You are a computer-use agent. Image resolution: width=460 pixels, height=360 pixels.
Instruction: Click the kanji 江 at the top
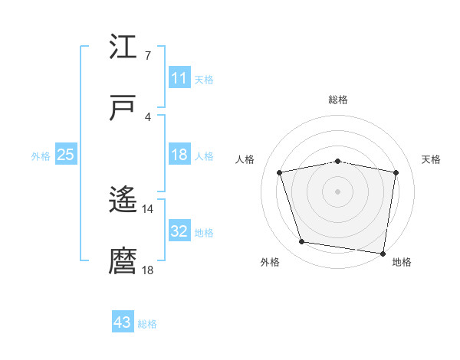124,48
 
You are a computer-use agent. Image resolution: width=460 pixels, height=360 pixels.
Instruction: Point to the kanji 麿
124,260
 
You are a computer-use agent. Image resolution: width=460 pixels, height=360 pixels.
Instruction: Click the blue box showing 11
179,78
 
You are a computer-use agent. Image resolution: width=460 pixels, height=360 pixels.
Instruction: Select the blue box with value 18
179,155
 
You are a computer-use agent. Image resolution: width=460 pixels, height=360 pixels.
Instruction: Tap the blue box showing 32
179,231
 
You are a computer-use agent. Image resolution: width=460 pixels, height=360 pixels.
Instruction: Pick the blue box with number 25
65,155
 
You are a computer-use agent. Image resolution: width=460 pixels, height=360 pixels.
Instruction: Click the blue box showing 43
122,322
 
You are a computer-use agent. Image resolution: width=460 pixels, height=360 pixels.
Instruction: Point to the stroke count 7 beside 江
147,56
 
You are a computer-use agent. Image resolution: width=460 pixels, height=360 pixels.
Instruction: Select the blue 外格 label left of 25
41,155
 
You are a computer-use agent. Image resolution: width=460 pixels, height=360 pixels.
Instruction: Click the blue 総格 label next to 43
147,324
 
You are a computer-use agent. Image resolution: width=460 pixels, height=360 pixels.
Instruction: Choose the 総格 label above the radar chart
338,100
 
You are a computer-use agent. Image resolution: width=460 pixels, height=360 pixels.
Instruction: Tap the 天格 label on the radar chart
432,159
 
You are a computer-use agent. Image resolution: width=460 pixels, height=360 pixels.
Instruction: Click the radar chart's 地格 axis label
402,262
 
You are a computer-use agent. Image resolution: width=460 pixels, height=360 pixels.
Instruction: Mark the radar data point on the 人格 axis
280,172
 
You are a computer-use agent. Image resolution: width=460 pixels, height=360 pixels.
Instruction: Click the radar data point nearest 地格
383,253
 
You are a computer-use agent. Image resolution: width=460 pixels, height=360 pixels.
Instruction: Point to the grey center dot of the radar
338,191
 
